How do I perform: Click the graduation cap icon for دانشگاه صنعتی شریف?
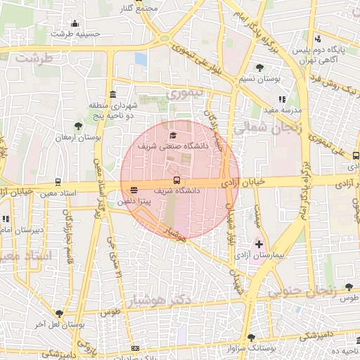pos(173,134)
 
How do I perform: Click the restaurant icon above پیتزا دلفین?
pos(134,189)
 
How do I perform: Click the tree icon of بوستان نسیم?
pos(261,67)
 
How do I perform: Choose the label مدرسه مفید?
pos(282,110)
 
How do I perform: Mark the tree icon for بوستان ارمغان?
pos(78,127)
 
